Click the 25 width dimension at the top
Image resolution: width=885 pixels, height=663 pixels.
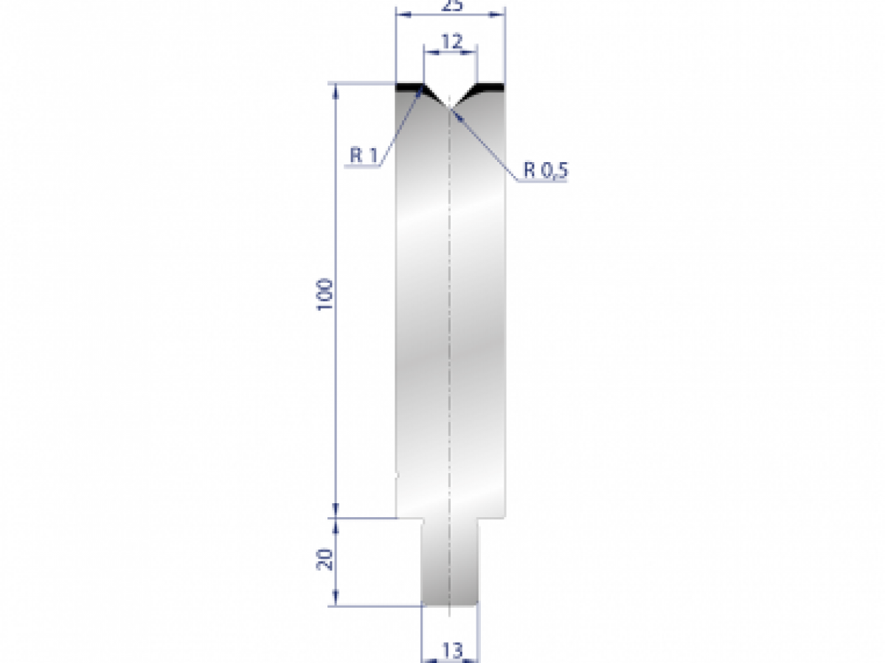pyautogui.click(x=451, y=6)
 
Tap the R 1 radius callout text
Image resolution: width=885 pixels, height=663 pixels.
pyautogui.click(x=364, y=155)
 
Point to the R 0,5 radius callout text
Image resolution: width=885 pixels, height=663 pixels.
pyautogui.click(x=546, y=170)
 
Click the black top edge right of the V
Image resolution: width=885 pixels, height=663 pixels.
pyautogui.click(x=491, y=87)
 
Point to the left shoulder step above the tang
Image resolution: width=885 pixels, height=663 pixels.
pyautogui.click(x=409, y=519)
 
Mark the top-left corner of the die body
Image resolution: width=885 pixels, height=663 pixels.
pyautogui.click(x=397, y=84)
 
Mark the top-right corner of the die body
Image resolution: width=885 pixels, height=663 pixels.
pyautogui.click(x=505, y=84)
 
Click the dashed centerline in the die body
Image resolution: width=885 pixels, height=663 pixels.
pyautogui.click(x=450, y=331)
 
